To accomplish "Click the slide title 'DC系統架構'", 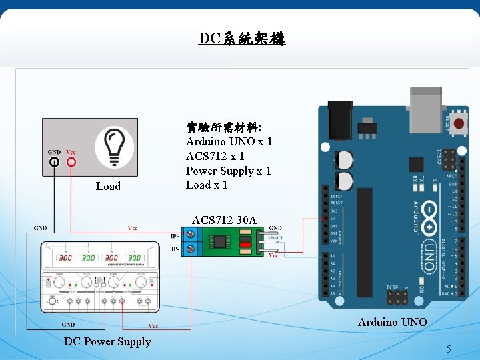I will coord(241,38).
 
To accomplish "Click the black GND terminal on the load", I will coord(54,162).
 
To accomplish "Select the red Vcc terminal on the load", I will coord(71,162).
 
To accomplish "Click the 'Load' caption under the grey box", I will coord(108,186).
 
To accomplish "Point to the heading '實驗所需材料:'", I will coord(223,127).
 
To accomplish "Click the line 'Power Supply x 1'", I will coord(228,171).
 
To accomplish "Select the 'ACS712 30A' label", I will coord(223,220).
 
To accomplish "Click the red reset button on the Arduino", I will coord(459,123).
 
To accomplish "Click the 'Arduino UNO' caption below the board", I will coord(392,322).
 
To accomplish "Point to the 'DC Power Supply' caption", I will coord(107,341).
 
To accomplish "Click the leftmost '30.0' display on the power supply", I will coord(65,258).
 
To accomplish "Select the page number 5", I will coord(449,349).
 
